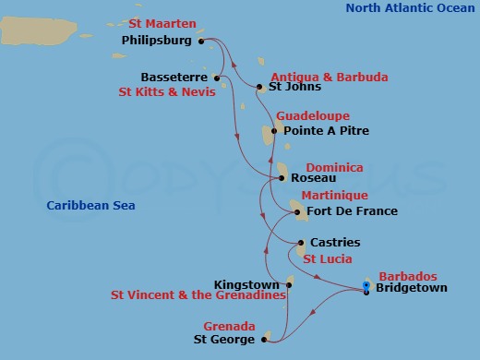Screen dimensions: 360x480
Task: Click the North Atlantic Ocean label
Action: pyautogui.click(x=411, y=8)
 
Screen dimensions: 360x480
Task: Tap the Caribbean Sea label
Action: pyautogui.click(x=91, y=205)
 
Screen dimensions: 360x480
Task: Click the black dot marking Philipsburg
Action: pyautogui.click(x=200, y=42)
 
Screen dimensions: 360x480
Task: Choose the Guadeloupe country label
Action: pyautogui.click(x=313, y=116)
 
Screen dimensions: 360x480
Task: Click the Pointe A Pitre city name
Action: pyautogui.click(x=326, y=131)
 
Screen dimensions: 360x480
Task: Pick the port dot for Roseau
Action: pyautogui.click(x=282, y=177)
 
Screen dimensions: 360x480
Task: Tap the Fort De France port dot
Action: pyautogui.click(x=298, y=212)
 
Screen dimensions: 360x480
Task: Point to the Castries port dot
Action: pyautogui.click(x=301, y=243)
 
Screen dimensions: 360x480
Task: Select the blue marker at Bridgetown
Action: pyautogui.click(x=366, y=289)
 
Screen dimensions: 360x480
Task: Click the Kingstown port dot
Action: pyautogui.click(x=289, y=284)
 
